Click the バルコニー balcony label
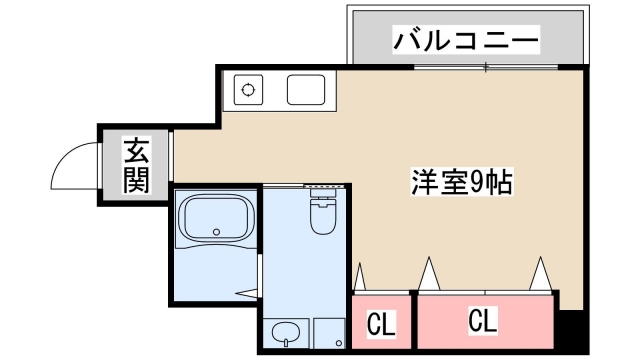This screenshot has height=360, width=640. pos(466,41)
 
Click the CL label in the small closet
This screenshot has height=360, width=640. pos(379,324)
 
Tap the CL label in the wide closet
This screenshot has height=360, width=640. pos(482,322)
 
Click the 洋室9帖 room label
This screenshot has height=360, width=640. pos(461,182)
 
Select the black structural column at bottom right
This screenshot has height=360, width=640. pos(569,325)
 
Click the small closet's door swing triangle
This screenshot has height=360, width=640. pos(360,277)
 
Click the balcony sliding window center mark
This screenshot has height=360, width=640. pos(486,68)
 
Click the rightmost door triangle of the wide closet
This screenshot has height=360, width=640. pos(543,272)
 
